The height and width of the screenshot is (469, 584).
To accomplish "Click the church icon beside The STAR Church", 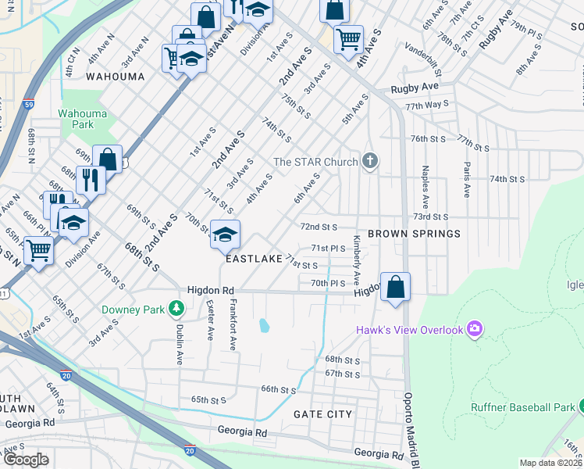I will [x=371, y=162].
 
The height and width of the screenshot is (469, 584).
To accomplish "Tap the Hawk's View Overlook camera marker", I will [x=473, y=329].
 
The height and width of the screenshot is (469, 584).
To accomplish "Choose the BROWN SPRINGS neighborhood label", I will [x=414, y=234].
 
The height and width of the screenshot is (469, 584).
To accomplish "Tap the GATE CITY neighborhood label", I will [x=322, y=414].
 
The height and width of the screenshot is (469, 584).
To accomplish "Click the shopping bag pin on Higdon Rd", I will [x=396, y=287].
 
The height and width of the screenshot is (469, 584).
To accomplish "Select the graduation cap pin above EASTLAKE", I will [x=225, y=234].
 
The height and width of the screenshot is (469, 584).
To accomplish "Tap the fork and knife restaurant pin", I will [x=91, y=180].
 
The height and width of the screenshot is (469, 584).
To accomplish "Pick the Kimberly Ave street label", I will [x=357, y=260].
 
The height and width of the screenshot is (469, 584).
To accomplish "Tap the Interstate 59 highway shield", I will [x=28, y=103].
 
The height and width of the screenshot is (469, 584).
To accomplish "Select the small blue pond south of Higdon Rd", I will [x=264, y=324].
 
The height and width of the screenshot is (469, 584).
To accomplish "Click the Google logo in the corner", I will [x=26, y=459].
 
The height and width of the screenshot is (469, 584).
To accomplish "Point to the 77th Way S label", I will [x=427, y=104].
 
